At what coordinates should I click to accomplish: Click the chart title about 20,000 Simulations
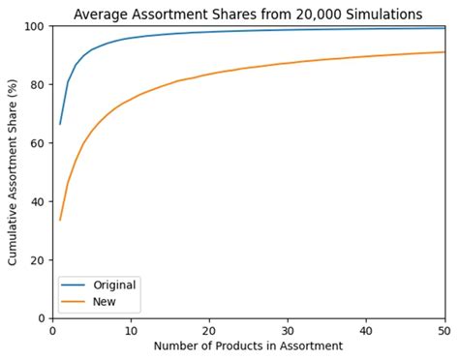(x=248, y=14)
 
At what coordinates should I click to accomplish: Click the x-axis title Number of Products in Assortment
(x=248, y=346)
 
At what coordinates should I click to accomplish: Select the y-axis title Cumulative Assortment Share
(x=13, y=171)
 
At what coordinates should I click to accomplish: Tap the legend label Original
(x=114, y=285)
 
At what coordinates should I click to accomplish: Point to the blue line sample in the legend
(x=75, y=285)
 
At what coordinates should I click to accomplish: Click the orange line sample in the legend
(x=75, y=302)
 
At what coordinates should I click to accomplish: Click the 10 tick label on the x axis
(x=131, y=330)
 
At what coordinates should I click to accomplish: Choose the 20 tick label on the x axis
(x=209, y=330)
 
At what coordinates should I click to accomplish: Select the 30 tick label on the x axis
(x=288, y=330)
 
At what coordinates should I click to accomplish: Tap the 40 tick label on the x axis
(x=366, y=330)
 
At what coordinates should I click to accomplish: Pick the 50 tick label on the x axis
(x=444, y=330)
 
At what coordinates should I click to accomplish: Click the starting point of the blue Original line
(x=60, y=124)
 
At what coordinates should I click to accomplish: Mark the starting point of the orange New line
(x=60, y=220)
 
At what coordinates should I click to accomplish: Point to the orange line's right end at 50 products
(x=444, y=52)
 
